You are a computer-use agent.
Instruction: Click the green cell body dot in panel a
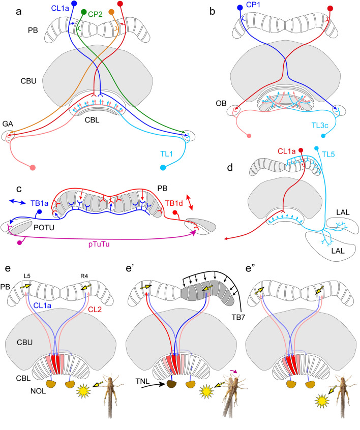tap(84, 12)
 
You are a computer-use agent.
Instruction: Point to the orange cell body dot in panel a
tap(111, 12)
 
